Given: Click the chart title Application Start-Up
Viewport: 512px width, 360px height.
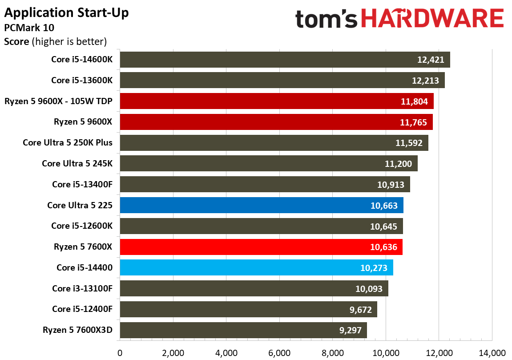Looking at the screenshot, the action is pos(66,13).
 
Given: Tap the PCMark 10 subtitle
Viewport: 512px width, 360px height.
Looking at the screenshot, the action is pos(29,28).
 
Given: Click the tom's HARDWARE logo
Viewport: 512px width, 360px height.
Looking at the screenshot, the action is pos(399,19).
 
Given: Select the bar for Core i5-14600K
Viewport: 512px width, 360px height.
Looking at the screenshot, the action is pos(285,60).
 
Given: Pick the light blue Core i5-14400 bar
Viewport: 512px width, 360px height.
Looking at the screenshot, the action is pos(256,267).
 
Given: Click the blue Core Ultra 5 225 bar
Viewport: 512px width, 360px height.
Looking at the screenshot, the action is pos(262,205).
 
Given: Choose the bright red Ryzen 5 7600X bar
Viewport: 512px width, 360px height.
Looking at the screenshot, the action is pos(261,247).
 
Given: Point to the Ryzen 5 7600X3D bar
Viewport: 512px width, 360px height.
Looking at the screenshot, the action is pos(243,330).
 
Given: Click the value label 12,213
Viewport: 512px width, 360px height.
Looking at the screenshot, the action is pos(425,81).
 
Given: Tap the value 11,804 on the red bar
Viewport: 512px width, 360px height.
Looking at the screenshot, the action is pos(414,101).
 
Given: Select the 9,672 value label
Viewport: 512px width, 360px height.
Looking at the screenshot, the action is pos(360,310).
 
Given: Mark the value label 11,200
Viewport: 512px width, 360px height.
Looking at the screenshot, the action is pos(398,164).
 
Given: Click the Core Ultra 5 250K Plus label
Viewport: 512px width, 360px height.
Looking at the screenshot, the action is pos(68,143).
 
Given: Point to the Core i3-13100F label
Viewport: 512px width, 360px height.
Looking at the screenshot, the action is pos(82,288).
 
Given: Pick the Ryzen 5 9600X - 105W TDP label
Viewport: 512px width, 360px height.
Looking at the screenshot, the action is pos(58,101).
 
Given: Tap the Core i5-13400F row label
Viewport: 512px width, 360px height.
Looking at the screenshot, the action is pos(82,185).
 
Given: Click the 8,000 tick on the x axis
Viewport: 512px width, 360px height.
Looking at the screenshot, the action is pos(332,353).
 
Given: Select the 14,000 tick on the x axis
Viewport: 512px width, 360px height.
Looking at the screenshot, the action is pos(492,353).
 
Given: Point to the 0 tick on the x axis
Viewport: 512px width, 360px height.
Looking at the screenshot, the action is pos(120,353).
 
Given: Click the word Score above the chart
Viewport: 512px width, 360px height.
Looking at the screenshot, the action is pos(16,42).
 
